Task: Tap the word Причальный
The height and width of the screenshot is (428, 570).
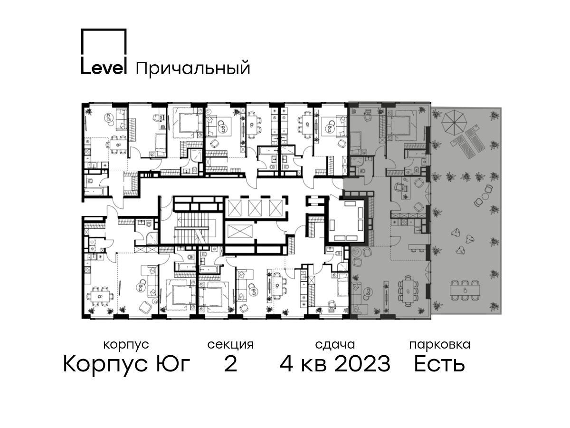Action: coord(193,68)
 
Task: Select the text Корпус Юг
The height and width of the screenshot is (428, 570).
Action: coord(126,364)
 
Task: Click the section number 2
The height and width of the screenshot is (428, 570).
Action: coord(230,364)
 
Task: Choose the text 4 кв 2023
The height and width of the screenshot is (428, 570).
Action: coord(335,364)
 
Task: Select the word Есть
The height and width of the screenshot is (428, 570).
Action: coord(439,364)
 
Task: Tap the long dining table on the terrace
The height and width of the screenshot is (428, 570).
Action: coord(465,290)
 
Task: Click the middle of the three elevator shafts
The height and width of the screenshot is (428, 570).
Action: coord(255,208)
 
